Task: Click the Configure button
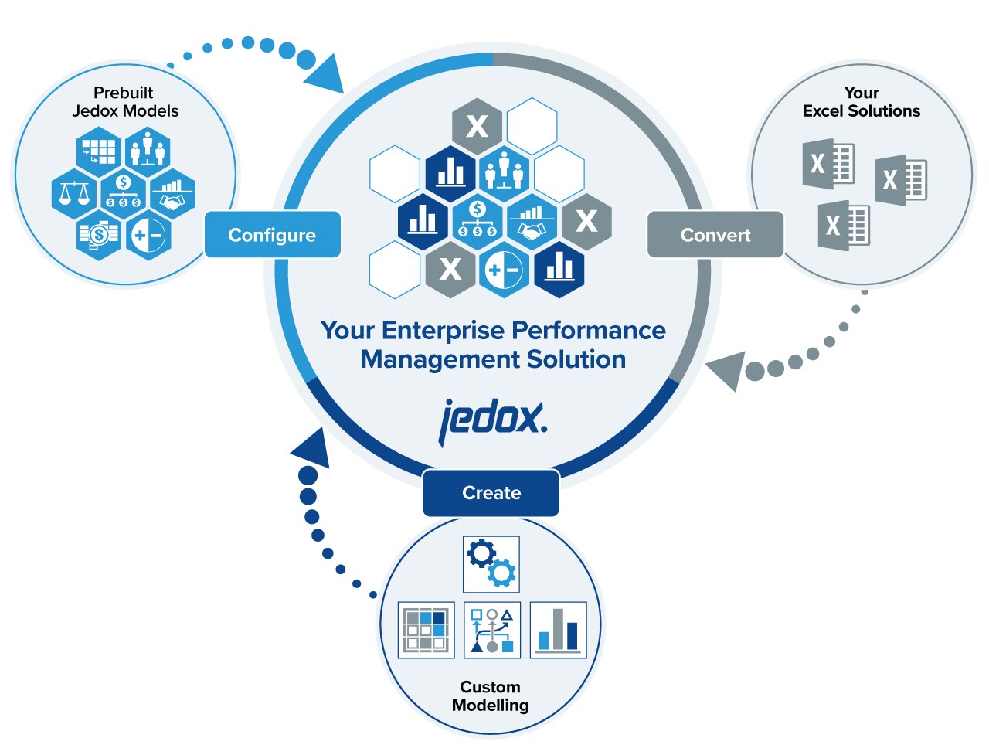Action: pos(272,235)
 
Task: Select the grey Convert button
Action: pos(715,235)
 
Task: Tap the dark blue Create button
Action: pos(491,493)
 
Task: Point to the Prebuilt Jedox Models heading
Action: pos(124,102)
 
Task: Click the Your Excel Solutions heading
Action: pos(862,102)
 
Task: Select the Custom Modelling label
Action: pos(490,695)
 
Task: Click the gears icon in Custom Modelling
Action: pos(491,564)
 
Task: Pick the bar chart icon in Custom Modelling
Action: pos(558,630)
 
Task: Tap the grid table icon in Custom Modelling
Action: pos(426,630)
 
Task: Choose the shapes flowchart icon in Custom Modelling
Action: pos(491,630)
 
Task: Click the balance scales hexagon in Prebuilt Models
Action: pos(74,194)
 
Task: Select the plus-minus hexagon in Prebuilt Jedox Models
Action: pos(148,236)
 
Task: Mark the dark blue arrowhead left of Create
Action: pos(311,447)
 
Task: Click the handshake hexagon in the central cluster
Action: pos(532,223)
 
